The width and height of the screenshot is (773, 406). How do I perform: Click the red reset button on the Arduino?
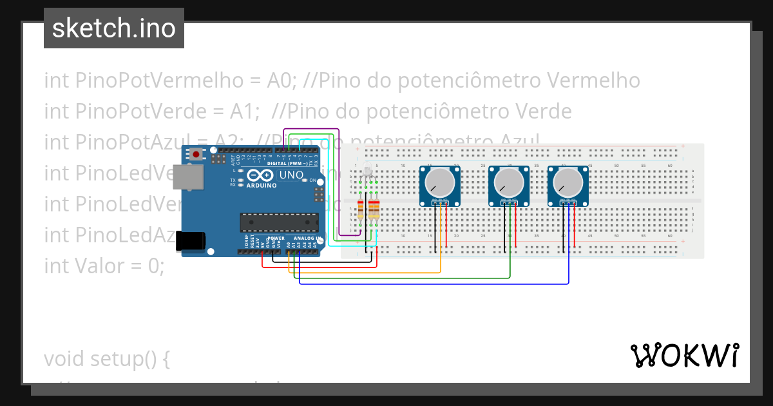pyautogui.click(x=195, y=154)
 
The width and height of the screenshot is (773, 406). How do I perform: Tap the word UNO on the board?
pyautogui.click(x=291, y=175)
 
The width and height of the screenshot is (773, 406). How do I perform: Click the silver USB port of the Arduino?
pyautogui.click(x=188, y=177)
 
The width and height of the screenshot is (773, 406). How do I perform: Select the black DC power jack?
pyautogui.click(x=191, y=241)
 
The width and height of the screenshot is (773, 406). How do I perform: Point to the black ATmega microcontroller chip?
pyautogui.click(x=279, y=222)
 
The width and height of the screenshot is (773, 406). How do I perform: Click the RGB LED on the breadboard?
pyautogui.click(x=367, y=173)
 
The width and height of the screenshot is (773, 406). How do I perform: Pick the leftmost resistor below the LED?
pyautogui.click(x=361, y=210)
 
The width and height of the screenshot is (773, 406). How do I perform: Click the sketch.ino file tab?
pyautogui.click(x=114, y=28)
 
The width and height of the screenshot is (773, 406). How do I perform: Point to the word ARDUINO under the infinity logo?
pyautogui.click(x=262, y=186)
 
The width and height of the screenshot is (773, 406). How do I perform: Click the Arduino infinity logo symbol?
pyautogui.click(x=261, y=175)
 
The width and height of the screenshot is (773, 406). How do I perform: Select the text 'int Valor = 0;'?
pyautogui.click(x=104, y=266)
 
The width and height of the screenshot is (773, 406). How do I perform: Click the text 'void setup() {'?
pyautogui.click(x=107, y=358)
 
